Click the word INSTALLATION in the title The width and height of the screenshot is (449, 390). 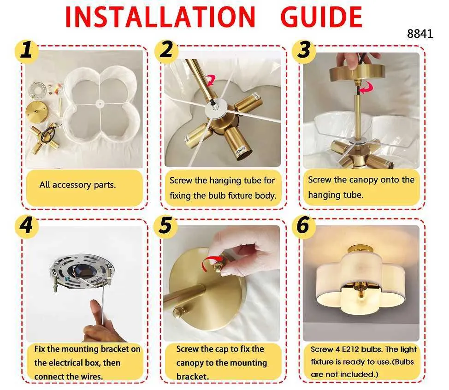coord(160,17)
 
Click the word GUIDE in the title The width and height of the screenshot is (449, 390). coord(321,17)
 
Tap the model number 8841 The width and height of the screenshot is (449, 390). coord(420,34)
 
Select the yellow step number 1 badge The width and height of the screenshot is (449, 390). coord(27,51)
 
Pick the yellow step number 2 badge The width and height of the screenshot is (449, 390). coord(166,51)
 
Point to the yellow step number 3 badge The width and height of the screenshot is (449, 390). coord(304,51)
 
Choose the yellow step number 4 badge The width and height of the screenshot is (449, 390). coord(27,226)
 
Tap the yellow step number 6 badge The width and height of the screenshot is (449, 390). coord(304,226)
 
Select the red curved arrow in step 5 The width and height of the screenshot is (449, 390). coord(211,261)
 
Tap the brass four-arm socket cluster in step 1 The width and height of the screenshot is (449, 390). coord(45,137)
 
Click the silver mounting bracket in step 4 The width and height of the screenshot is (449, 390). coord(82,272)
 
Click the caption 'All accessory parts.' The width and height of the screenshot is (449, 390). coord(77,185)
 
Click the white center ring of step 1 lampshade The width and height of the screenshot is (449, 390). coord(100,104)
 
